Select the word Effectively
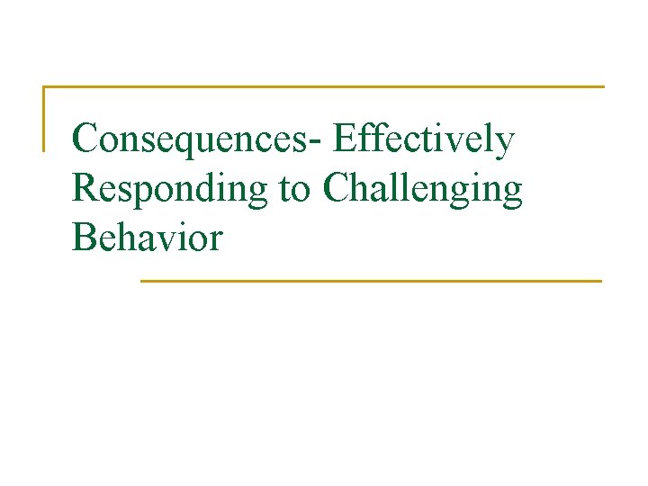click(423, 139)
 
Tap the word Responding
click(170, 189)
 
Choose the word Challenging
click(422, 189)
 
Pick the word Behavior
click(147, 238)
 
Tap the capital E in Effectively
click(344, 139)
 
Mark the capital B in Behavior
click(84, 238)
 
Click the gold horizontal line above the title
click(324, 87)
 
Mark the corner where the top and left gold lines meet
click(44, 87)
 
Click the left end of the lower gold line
click(142, 281)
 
